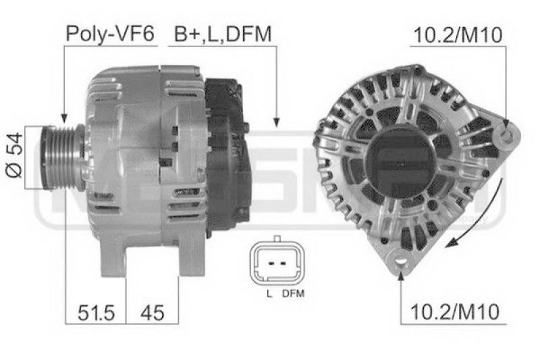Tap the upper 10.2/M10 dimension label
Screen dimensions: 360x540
click(457, 35)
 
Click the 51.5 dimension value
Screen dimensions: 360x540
click(96, 311)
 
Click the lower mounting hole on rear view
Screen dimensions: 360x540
click(402, 260)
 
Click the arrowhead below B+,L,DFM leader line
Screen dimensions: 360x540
click(276, 123)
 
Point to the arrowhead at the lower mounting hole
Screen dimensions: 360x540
click(402, 273)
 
